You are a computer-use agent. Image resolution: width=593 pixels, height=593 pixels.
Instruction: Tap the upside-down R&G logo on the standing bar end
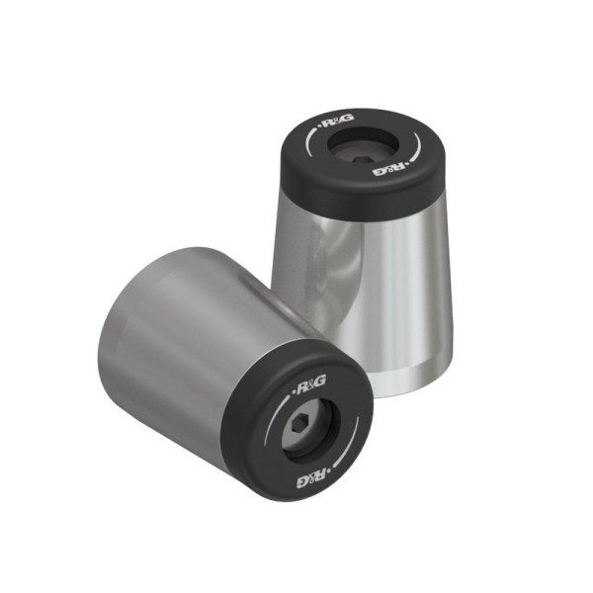(389, 167)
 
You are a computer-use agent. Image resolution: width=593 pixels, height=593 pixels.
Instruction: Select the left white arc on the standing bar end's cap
(314, 149)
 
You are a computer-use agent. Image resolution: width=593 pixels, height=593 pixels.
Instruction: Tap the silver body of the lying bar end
(178, 326)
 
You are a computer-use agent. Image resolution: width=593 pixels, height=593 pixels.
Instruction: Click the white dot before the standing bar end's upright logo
(318, 127)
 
